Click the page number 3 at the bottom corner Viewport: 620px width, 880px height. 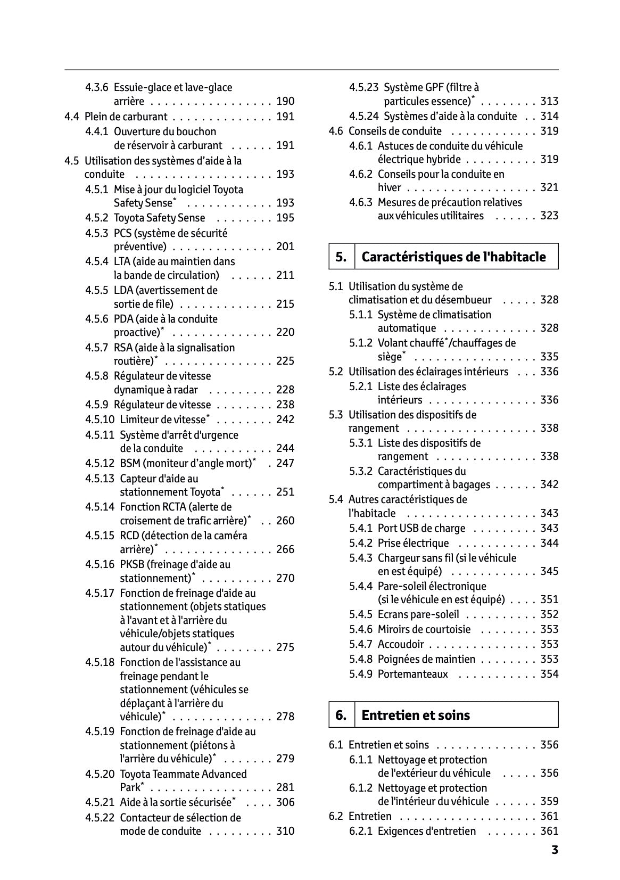click(x=555, y=850)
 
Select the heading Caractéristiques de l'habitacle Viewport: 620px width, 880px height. click(x=453, y=257)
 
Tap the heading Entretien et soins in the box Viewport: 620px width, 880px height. click(x=415, y=715)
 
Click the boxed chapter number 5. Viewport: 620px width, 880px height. click(x=341, y=257)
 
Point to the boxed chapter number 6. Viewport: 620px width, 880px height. click(x=341, y=715)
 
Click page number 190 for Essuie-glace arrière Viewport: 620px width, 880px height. click(x=285, y=102)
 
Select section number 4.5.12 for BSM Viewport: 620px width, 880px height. click(x=100, y=463)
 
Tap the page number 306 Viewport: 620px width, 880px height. click(x=285, y=802)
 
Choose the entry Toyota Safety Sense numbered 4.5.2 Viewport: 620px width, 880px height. click(x=159, y=218)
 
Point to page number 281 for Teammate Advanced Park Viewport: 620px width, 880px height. click(x=285, y=787)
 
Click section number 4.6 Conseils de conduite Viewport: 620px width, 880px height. click(x=336, y=131)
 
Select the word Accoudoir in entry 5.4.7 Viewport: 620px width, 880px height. click(x=401, y=644)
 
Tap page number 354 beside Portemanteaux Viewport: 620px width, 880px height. click(x=549, y=674)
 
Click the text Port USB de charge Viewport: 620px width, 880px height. click(x=421, y=528)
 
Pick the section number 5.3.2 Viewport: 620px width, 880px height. click(x=361, y=471)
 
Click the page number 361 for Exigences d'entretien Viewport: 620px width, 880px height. click(x=549, y=831)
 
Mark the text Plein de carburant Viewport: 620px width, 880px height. click(x=126, y=117)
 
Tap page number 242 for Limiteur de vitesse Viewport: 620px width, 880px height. click(x=285, y=420)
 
